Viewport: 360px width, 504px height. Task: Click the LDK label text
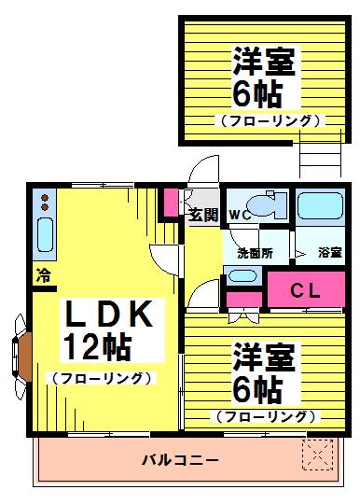click(108, 314)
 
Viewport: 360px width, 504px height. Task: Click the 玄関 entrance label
click(203, 215)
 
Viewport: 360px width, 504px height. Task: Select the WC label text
click(241, 215)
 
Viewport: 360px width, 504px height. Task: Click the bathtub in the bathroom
click(320, 205)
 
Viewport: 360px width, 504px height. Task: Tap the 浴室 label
click(330, 252)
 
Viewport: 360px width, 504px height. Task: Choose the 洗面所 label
click(255, 253)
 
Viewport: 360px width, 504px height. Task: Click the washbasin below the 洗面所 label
click(242, 276)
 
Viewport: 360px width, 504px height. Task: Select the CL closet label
click(305, 291)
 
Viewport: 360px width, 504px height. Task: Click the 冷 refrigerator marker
click(43, 275)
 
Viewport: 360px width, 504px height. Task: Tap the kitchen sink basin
click(45, 234)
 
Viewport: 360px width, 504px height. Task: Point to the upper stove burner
click(45, 197)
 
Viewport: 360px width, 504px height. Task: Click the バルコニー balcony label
click(180, 460)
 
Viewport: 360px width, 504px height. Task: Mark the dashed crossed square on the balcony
click(318, 455)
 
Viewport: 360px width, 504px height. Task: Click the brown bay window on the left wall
click(25, 357)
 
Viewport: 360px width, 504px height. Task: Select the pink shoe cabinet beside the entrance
click(171, 203)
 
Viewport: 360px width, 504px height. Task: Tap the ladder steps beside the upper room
click(320, 154)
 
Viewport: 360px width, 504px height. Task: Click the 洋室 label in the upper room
click(264, 61)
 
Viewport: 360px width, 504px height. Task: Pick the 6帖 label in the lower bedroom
click(257, 390)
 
